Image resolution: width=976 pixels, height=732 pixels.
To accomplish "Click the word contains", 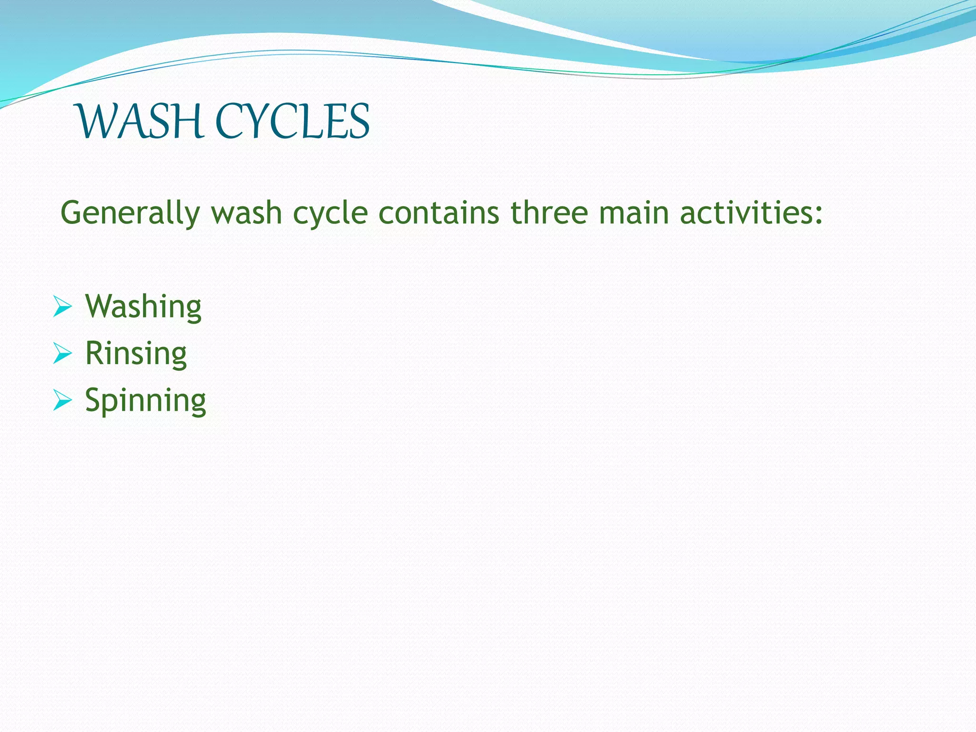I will [x=439, y=213].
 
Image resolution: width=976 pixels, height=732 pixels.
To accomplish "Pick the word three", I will [x=549, y=213].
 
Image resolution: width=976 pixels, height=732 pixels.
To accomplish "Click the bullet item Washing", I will [x=143, y=306].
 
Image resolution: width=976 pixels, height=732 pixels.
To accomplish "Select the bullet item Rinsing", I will [x=136, y=354].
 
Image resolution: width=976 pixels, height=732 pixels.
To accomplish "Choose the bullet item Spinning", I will [x=145, y=401].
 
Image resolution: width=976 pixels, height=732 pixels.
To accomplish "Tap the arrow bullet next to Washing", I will [x=62, y=306].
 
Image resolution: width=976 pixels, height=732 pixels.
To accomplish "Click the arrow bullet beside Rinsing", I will [x=62, y=353].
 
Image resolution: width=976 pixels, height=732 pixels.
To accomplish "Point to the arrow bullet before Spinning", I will [x=62, y=400].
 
